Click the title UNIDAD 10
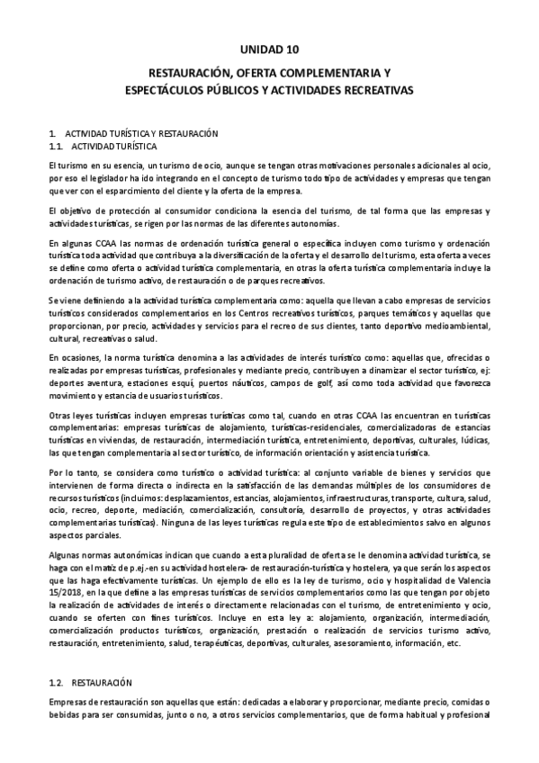(269, 49)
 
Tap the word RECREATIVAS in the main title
(371, 92)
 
